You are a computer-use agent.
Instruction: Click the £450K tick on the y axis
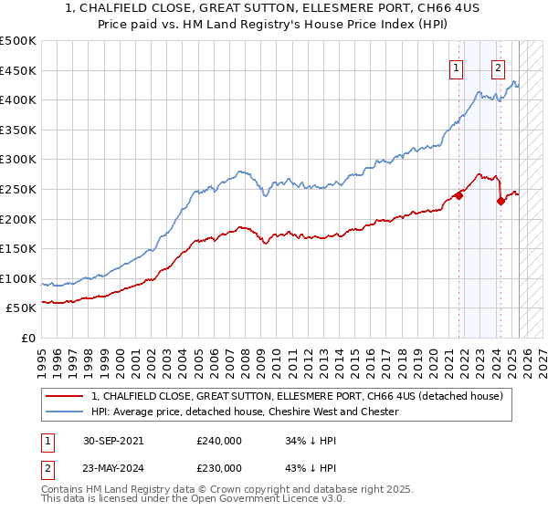[18, 70]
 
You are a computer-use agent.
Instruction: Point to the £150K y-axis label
[18, 248]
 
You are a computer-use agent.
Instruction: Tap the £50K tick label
[22, 308]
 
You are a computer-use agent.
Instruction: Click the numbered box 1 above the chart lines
[455, 67]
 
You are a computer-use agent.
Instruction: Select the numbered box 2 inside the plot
[498, 67]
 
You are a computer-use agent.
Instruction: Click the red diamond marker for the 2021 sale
[458, 195]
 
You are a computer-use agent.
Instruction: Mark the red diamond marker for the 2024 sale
[501, 202]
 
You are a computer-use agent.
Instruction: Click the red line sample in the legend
[64, 396]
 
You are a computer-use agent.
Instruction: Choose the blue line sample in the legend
[64, 412]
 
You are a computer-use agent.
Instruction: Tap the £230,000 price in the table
[219, 467]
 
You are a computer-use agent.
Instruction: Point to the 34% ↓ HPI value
[312, 440]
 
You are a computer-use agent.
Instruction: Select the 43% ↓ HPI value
[312, 467]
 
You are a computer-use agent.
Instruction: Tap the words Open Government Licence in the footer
[286, 500]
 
